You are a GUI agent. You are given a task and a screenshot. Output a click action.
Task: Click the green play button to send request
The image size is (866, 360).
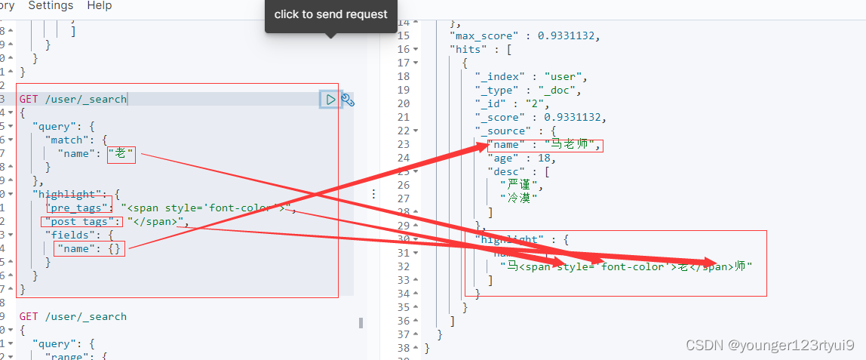pyautogui.click(x=330, y=99)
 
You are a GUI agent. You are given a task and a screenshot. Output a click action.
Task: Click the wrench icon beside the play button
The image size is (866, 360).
pyautogui.click(x=348, y=100)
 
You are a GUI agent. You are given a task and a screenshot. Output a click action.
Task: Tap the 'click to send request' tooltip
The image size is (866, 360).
pyautogui.click(x=330, y=14)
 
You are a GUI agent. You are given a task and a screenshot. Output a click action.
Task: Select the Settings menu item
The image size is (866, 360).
pyautogui.click(x=51, y=5)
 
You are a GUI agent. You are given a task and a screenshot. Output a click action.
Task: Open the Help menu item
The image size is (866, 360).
pyautogui.click(x=99, y=5)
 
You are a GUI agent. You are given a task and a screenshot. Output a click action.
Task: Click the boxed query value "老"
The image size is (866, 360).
pyautogui.click(x=121, y=154)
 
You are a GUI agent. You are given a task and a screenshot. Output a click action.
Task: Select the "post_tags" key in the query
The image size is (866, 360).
pyautogui.click(x=81, y=222)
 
